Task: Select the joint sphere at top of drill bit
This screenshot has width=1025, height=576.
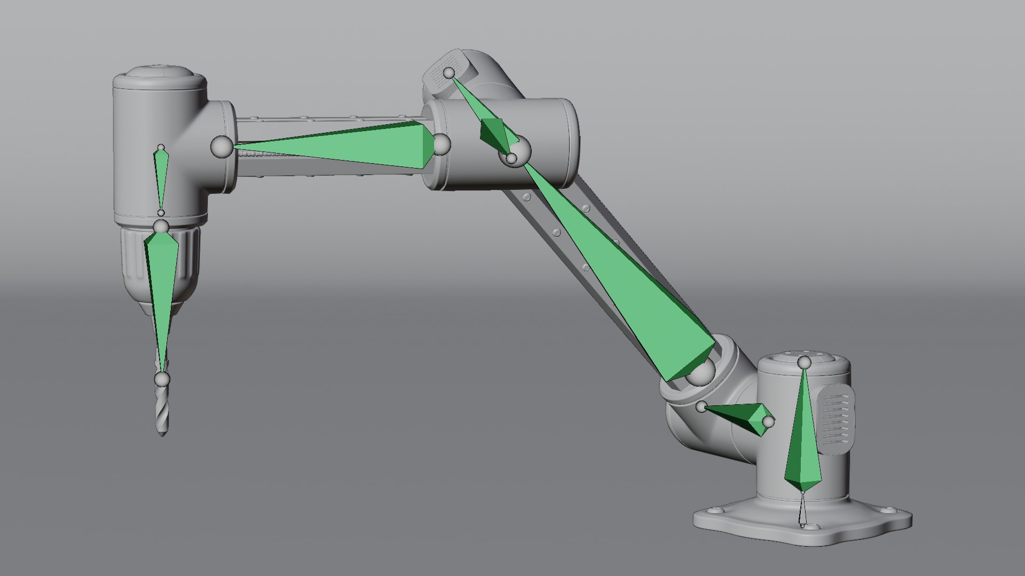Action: pos(162,380)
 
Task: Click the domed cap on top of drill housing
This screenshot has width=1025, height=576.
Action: pos(160,75)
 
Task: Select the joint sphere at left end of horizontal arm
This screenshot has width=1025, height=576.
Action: pos(221,147)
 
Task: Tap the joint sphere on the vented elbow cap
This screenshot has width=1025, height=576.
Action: pos(450,73)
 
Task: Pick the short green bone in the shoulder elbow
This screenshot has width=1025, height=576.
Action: pos(742,417)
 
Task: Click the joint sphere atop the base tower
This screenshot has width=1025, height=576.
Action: pos(805,363)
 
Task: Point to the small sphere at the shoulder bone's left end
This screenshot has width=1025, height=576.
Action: pos(701,407)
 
